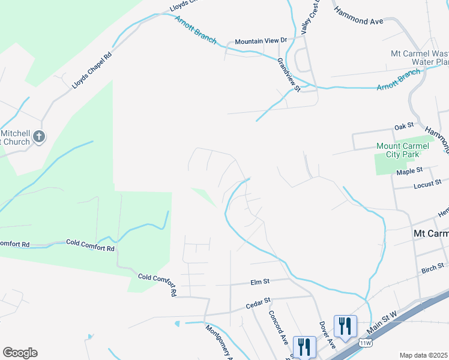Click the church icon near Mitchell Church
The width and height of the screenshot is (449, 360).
point(39,137)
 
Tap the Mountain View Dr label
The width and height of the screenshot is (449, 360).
point(261,41)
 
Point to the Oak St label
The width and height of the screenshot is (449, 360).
point(404,126)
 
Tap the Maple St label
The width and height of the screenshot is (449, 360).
point(409,172)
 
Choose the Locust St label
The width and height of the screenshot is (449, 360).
point(427,182)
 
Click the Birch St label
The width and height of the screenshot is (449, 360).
point(432,266)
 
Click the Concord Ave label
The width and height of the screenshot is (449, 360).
point(279,326)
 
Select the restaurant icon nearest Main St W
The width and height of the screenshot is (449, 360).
point(345,326)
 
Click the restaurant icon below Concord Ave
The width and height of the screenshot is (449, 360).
point(304,346)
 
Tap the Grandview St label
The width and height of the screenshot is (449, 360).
point(289,74)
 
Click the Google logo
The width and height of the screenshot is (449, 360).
point(20,353)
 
